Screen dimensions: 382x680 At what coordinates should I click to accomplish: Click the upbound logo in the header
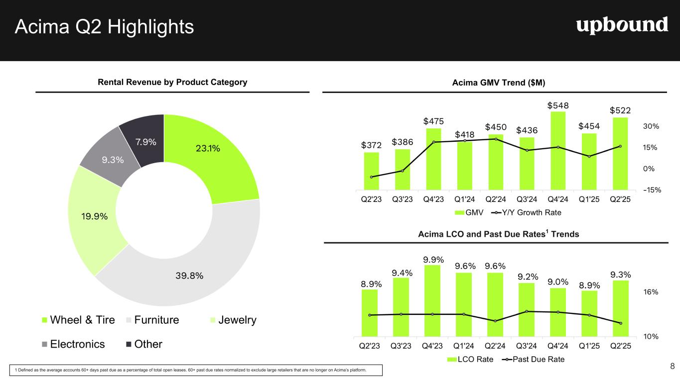coord(622,25)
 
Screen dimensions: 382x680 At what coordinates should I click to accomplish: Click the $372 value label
coord(372,145)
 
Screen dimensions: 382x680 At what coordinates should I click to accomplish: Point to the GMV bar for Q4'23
coord(434,159)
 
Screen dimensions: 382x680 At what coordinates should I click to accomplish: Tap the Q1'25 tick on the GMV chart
coord(589,199)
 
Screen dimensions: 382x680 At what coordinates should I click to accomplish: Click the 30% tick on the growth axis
coord(651,127)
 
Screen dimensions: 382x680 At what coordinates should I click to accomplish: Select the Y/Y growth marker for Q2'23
coord(372,177)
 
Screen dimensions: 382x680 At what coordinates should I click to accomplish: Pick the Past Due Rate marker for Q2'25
coord(620,323)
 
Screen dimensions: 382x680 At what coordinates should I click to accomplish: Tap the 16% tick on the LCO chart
coord(651,292)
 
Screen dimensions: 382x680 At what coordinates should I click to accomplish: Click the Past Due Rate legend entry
coord(533,359)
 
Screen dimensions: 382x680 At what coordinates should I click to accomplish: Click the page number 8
coord(672,367)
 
